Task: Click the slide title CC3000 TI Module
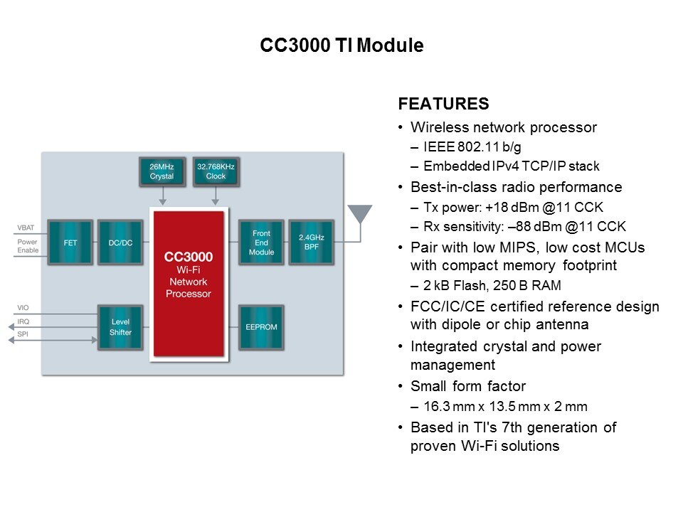tap(341, 46)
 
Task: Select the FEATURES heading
tap(443, 104)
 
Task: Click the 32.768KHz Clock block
tap(216, 171)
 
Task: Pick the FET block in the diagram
tap(70, 242)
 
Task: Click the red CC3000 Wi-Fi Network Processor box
tap(189, 284)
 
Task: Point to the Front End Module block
tap(261, 242)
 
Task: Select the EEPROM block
tap(261, 327)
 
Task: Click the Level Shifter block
tap(120, 327)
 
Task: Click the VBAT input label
tap(26, 228)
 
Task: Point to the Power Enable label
tap(27, 246)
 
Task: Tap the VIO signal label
tap(23, 309)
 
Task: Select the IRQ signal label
tap(23, 322)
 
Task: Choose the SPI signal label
tap(23, 334)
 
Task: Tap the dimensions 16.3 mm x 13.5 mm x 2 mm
tap(506, 407)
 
